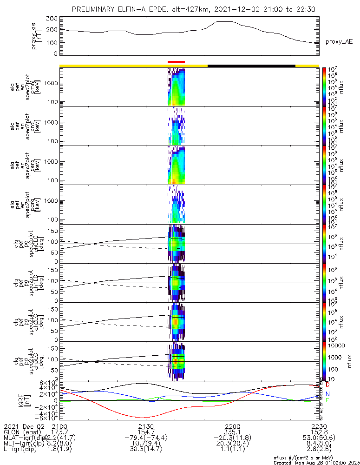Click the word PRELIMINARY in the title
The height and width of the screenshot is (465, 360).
pyautogui.click(x=94, y=10)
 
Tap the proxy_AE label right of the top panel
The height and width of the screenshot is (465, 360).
pyautogui.click(x=339, y=42)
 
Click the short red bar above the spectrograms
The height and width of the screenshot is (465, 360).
pyautogui.click(x=176, y=62)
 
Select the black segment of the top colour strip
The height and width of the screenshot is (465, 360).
pyautogui.click(x=251, y=66)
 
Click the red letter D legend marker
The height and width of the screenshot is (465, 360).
pyautogui.click(x=328, y=385)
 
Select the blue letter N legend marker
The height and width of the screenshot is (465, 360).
pyautogui.click(x=328, y=394)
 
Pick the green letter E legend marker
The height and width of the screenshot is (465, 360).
pyautogui.click(x=328, y=400)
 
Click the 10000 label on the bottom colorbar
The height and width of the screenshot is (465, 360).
pyautogui.click(x=335, y=346)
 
